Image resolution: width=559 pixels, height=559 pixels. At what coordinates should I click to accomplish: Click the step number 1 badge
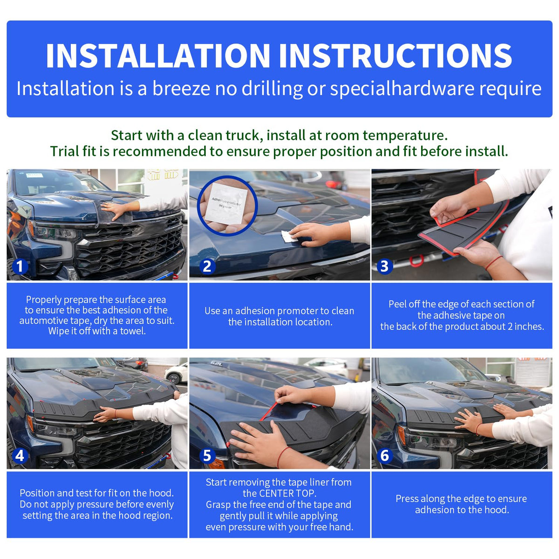20,266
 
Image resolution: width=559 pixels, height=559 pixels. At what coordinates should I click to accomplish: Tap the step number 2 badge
207,266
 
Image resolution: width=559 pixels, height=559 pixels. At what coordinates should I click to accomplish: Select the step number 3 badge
384,266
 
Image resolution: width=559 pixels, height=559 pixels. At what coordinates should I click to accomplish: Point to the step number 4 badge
20,456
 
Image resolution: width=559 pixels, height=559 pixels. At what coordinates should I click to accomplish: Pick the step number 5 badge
207,456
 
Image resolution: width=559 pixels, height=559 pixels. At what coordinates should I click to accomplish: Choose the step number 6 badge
384,456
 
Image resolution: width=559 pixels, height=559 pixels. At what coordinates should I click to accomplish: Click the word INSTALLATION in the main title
158,56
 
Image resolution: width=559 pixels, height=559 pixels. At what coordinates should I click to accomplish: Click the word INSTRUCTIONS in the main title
395,56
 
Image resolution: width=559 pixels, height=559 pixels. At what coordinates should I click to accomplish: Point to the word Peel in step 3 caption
398,304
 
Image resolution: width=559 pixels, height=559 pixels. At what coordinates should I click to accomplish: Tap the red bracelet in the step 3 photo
493,263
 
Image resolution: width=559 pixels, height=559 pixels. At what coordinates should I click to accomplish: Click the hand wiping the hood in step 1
115,210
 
